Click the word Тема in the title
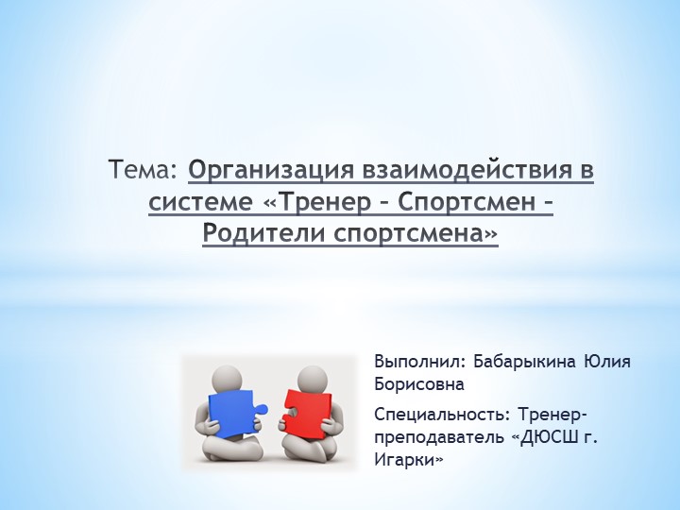[143, 172]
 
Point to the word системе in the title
[196, 202]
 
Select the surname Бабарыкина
[525, 362]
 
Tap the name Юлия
[608, 362]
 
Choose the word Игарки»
[408, 460]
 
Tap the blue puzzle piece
[232, 413]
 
